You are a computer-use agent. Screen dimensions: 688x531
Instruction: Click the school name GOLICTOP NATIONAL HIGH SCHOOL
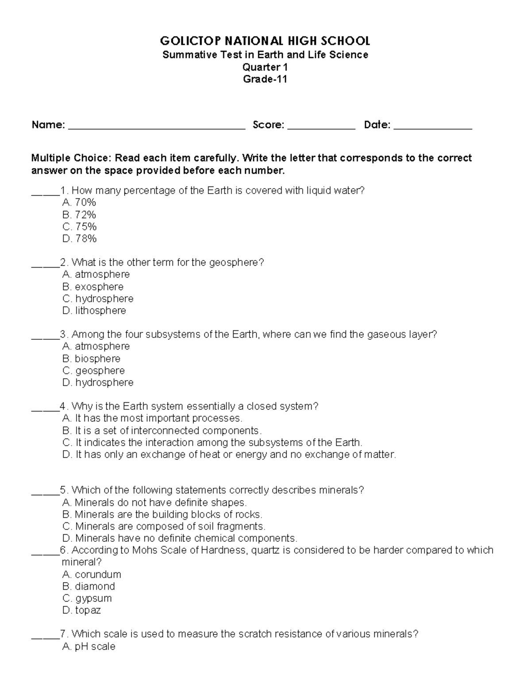pos(265,41)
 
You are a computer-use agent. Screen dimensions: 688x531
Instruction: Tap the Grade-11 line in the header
pos(265,79)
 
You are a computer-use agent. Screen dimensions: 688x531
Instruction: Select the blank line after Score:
pos(321,127)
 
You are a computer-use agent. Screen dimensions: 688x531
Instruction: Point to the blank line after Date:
pos(433,127)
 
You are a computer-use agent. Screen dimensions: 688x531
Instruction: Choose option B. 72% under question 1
pos(79,215)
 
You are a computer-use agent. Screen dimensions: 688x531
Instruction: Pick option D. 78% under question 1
pos(80,239)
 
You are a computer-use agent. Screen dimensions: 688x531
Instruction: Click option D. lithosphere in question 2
pos(94,311)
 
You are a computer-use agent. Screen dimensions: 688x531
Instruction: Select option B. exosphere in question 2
pos(93,287)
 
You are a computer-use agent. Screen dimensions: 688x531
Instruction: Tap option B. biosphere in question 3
pos(92,359)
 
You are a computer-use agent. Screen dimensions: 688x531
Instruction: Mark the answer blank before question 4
pos(45,408)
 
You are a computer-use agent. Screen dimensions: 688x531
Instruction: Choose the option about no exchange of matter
pos(229,455)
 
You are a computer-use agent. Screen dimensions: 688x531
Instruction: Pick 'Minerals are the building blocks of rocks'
pos(162,515)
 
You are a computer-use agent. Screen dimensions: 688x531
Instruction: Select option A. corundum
pos(92,575)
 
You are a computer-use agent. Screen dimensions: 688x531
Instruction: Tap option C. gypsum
pos(87,599)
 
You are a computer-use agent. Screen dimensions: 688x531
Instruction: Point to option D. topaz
pos(82,610)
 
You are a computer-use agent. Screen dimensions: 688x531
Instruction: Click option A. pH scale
pos(89,647)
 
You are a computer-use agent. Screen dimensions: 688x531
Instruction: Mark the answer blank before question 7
pos(45,636)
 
